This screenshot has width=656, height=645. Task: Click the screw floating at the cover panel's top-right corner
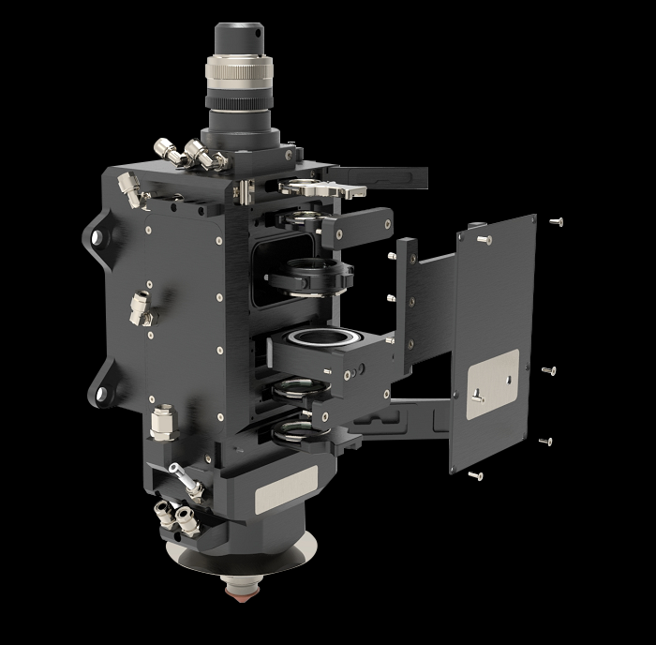tap(557, 222)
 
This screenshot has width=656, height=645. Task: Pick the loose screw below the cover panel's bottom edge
tap(476, 475)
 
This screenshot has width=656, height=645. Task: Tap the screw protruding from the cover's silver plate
tap(478, 395)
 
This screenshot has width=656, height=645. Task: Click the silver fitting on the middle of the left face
tap(142, 307)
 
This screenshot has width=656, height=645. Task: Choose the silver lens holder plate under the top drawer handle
tap(315, 190)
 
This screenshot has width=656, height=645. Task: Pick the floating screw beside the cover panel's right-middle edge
tap(549, 370)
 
